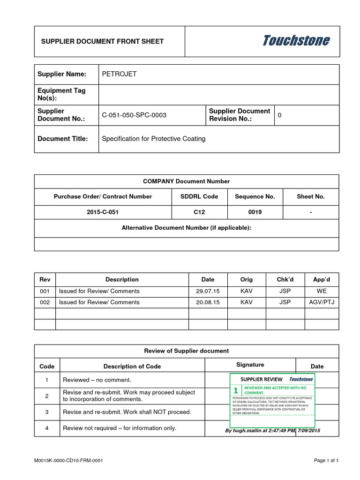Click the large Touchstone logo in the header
(x=296, y=41)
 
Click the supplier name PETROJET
(x=120, y=74)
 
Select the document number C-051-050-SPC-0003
(x=134, y=115)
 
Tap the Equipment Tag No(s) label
(x=61, y=94)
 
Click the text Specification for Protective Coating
(x=154, y=139)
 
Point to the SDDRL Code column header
(x=199, y=196)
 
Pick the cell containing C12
(x=199, y=212)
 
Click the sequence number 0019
(x=255, y=212)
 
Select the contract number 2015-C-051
(x=103, y=212)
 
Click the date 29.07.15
(x=208, y=291)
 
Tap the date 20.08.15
(x=208, y=302)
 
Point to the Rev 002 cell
(x=45, y=302)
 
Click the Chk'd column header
(x=285, y=279)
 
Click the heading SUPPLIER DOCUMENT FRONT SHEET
(x=103, y=41)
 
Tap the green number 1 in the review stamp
(x=235, y=390)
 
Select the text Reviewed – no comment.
(x=97, y=380)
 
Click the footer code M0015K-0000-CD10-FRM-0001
(x=68, y=460)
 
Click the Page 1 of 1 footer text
(x=326, y=460)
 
